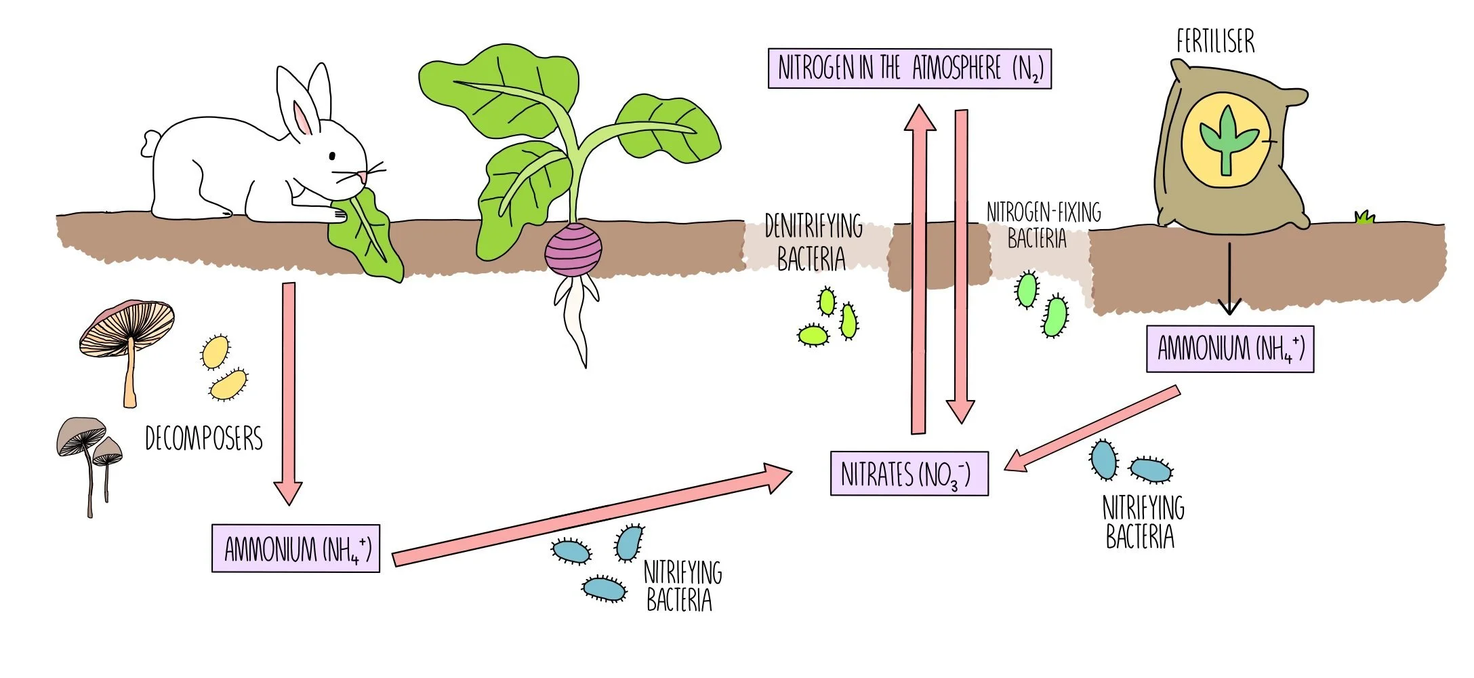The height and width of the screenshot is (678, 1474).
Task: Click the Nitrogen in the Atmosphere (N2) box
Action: (909, 68)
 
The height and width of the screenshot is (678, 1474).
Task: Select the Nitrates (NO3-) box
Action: (909, 473)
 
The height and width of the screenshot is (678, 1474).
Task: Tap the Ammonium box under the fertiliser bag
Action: (1229, 348)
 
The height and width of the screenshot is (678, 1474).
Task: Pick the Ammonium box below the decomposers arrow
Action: (295, 548)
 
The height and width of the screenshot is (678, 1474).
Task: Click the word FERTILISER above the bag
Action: (1215, 41)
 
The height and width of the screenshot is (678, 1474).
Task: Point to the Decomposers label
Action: (203, 439)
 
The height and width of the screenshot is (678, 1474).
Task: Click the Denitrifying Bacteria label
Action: (813, 243)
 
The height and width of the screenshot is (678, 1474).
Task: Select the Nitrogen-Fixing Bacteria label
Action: (1043, 226)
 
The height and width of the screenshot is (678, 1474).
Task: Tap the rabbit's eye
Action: (332, 156)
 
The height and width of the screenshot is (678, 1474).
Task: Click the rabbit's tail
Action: (149, 143)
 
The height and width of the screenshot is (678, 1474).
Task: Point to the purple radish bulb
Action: (573, 250)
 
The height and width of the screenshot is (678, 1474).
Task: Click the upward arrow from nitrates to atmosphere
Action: (918, 271)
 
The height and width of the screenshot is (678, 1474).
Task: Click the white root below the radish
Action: (576, 319)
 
